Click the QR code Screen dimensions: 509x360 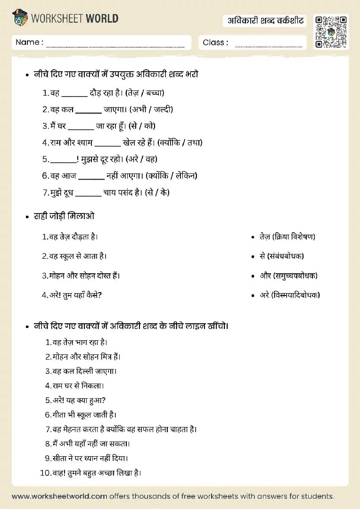tap(331, 32)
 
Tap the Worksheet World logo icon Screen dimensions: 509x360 tap(20, 18)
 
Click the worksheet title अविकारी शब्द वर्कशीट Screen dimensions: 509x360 tap(266, 21)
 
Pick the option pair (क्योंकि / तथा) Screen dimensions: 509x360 tap(180, 142)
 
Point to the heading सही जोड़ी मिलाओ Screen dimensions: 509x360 tap(64, 216)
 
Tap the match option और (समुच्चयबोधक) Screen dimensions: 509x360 tap(288, 275)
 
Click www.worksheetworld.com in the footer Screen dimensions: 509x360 tap(59, 496)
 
